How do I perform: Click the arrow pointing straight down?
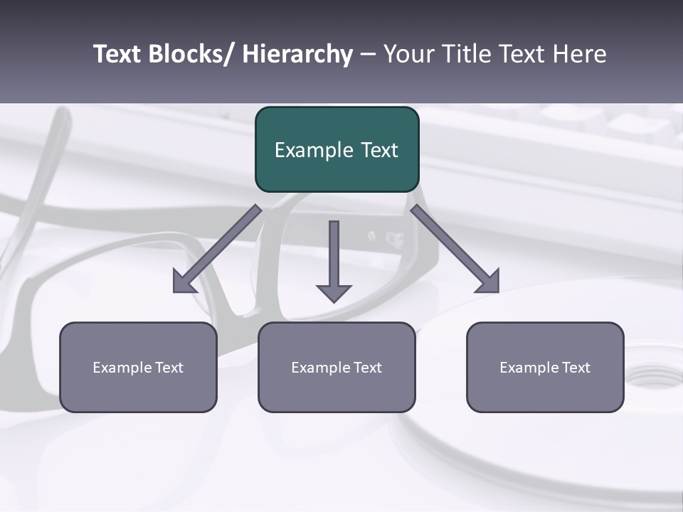[x=334, y=256]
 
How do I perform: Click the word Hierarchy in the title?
[x=297, y=54]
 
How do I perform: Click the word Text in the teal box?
[x=378, y=150]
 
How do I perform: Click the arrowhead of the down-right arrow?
[x=489, y=283]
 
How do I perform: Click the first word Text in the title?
[x=118, y=54]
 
